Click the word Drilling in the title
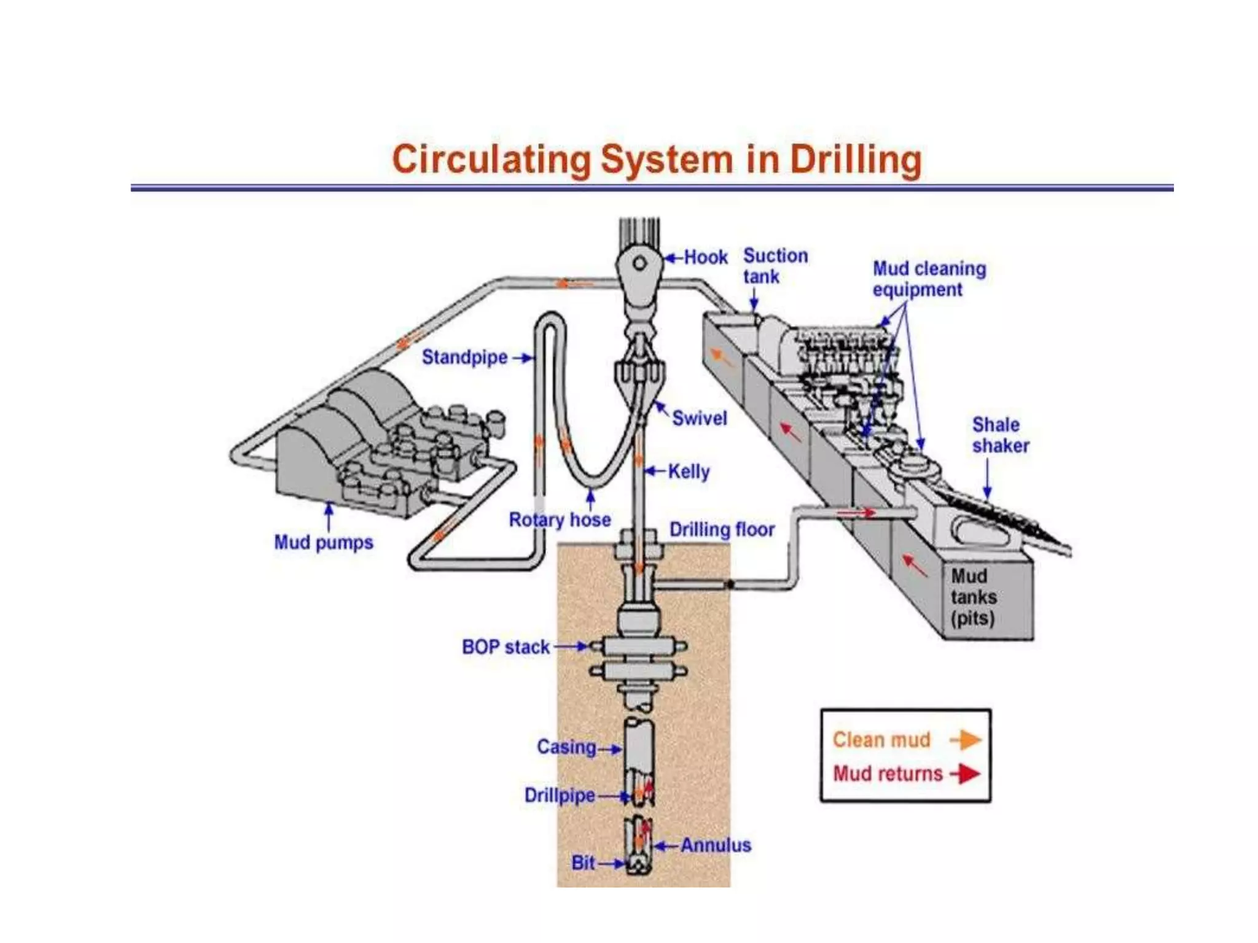tap(856, 160)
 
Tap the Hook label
tap(706, 257)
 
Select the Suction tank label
tap(775, 266)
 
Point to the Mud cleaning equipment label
tap(929, 279)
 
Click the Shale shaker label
tap(1000, 435)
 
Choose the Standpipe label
tap(464, 357)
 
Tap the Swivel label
tap(699, 419)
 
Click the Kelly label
tap(689, 471)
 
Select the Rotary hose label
tap(560, 520)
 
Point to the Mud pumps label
tap(323, 543)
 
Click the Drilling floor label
tap(722, 529)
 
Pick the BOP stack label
tap(506, 647)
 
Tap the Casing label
tap(566, 747)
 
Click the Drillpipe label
tap(559, 796)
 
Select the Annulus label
tap(716, 845)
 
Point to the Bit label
tap(583, 863)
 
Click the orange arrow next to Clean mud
tap(966, 740)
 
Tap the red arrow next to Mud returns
tap(966, 774)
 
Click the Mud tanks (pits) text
tap(973, 597)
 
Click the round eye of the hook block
tap(639, 263)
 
